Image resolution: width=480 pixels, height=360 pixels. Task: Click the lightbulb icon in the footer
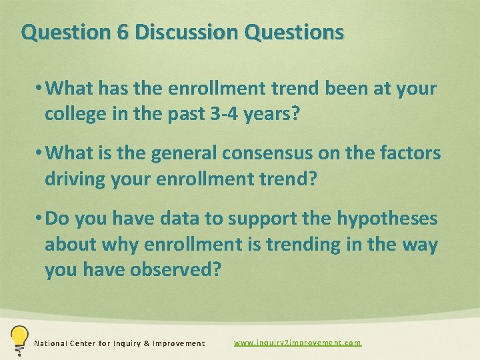(x=19, y=338)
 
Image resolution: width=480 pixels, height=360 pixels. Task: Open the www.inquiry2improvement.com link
(x=297, y=343)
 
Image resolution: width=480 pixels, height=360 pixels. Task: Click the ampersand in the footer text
(x=147, y=343)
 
